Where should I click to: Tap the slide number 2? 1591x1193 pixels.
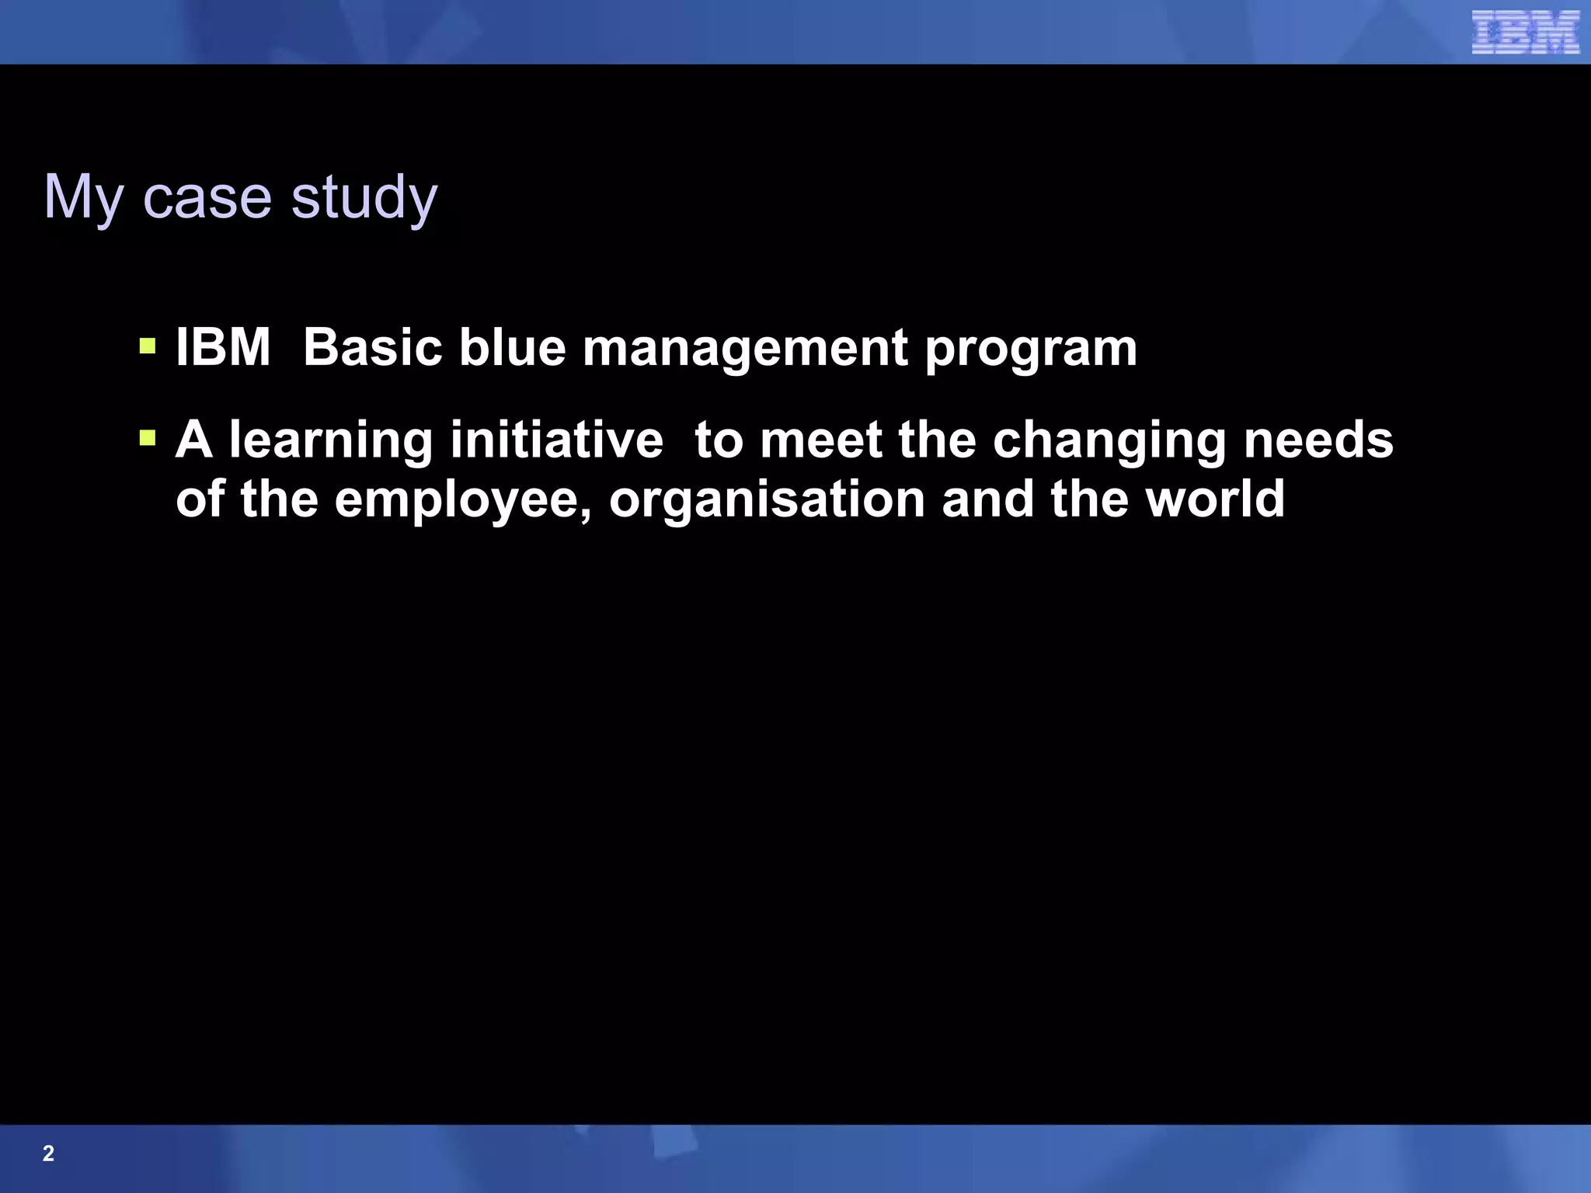(x=48, y=1153)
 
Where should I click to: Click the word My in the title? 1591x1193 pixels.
(x=83, y=197)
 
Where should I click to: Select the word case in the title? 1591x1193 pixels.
(x=207, y=197)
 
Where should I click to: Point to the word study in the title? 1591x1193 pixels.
(x=364, y=197)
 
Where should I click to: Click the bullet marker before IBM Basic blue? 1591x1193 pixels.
(x=148, y=345)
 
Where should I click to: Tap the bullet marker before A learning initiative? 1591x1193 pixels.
(x=148, y=438)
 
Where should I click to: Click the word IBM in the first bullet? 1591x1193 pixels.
(x=223, y=346)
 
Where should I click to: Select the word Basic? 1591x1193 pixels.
(x=372, y=346)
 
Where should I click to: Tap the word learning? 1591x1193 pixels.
(x=330, y=441)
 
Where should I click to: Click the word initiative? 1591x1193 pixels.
(x=556, y=440)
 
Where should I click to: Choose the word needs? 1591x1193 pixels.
(x=1318, y=440)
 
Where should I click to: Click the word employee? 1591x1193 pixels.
(x=463, y=500)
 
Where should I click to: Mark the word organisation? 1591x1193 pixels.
(x=767, y=500)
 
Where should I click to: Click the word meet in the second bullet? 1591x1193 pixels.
(x=820, y=440)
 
